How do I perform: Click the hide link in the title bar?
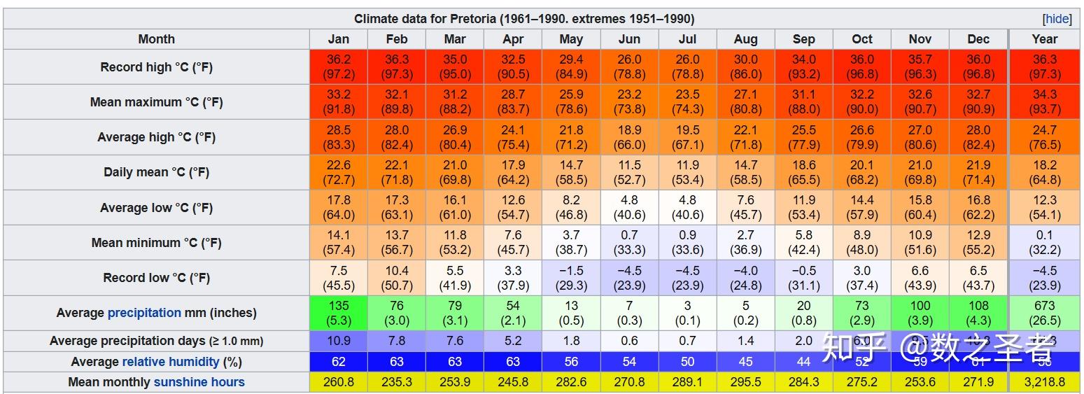point(1057,19)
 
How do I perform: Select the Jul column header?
point(687,39)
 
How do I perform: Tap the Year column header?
point(1044,39)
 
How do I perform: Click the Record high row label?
point(156,67)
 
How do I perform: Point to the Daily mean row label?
point(156,172)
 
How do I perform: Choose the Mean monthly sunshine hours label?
point(156,382)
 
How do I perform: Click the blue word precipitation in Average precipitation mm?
point(144,313)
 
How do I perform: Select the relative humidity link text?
point(171,362)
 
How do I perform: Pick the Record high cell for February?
point(396,66)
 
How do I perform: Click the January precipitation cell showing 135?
point(338,313)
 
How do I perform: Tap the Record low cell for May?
point(571,278)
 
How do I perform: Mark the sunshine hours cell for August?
point(745,382)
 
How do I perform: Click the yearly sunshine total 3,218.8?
point(1044,382)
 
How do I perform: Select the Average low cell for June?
point(629,207)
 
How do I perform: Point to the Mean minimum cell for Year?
point(1044,242)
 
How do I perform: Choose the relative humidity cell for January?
point(338,362)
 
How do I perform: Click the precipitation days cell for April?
point(513,341)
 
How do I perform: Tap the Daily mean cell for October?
point(862,172)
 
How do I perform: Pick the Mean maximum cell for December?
point(978,101)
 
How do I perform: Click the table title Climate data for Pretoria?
point(523,19)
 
